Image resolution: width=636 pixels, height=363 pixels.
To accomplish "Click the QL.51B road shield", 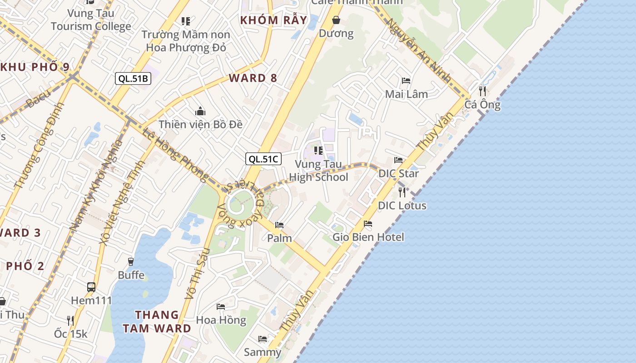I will tap(133, 78).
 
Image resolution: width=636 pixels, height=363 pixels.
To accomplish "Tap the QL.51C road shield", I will tap(263, 159).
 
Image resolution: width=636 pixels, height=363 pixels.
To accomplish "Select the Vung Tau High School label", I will tap(318, 171).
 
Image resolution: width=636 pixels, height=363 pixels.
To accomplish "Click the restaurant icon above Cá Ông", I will tap(482, 91).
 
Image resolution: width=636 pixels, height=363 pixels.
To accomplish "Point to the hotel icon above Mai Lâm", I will tap(406, 81).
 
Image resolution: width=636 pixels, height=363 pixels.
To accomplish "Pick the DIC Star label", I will tap(398, 173).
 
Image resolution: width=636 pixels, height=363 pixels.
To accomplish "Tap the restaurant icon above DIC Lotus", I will tap(402, 192).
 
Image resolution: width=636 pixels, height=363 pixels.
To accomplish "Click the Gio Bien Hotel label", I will tap(368, 237).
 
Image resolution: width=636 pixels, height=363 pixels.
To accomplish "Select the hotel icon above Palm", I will tap(279, 225).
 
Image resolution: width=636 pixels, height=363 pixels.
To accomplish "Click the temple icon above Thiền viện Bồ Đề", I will tap(200, 111).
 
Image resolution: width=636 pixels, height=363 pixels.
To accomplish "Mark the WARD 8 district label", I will tap(253, 78).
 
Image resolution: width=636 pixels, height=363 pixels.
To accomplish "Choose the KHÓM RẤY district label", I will tap(274, 20).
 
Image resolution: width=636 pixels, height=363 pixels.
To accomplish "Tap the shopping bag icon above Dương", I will tap(336, 20).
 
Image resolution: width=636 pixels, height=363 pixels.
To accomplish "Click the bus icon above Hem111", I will tap(91, 287).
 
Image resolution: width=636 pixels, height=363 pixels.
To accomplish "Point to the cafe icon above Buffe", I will tap(131, 261).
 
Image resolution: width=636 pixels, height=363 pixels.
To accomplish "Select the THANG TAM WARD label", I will tap(163, 321).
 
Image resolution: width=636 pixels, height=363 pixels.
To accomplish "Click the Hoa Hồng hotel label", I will tap(221, 320).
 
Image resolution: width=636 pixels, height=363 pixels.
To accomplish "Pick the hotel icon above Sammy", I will tap(263, 338).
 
